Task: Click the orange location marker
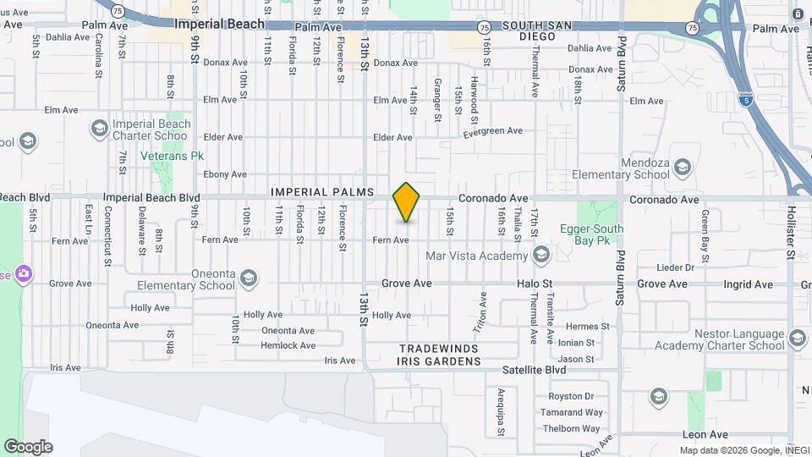click(407, 202)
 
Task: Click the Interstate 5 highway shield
click(745, 99)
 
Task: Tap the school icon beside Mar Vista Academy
click(541, 255)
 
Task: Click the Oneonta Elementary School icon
click(249, 277)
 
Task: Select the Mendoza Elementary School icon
click(682, 169)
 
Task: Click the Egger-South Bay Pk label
click(591, 234)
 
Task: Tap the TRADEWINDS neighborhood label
click(438, 349)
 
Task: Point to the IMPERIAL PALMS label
click(322, 192)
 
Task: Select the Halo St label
click(535, 284)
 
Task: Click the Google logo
click(28, 447)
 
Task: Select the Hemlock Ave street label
click(288, 345)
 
